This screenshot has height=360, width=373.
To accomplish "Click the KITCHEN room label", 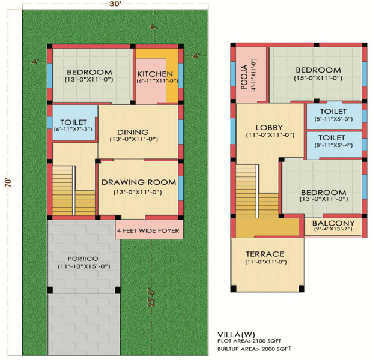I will pyautogui.click(x=156, y=73).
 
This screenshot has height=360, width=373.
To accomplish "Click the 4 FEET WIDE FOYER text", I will pyautogui.click(x=148, y=230).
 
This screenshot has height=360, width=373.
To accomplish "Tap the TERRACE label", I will pyautogui.click(x=264, y=253).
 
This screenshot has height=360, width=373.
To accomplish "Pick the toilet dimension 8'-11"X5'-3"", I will pyautogui.click(x=333, y=119).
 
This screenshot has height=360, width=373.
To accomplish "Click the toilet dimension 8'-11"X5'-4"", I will pyautogui.click(x=333, y=144).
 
